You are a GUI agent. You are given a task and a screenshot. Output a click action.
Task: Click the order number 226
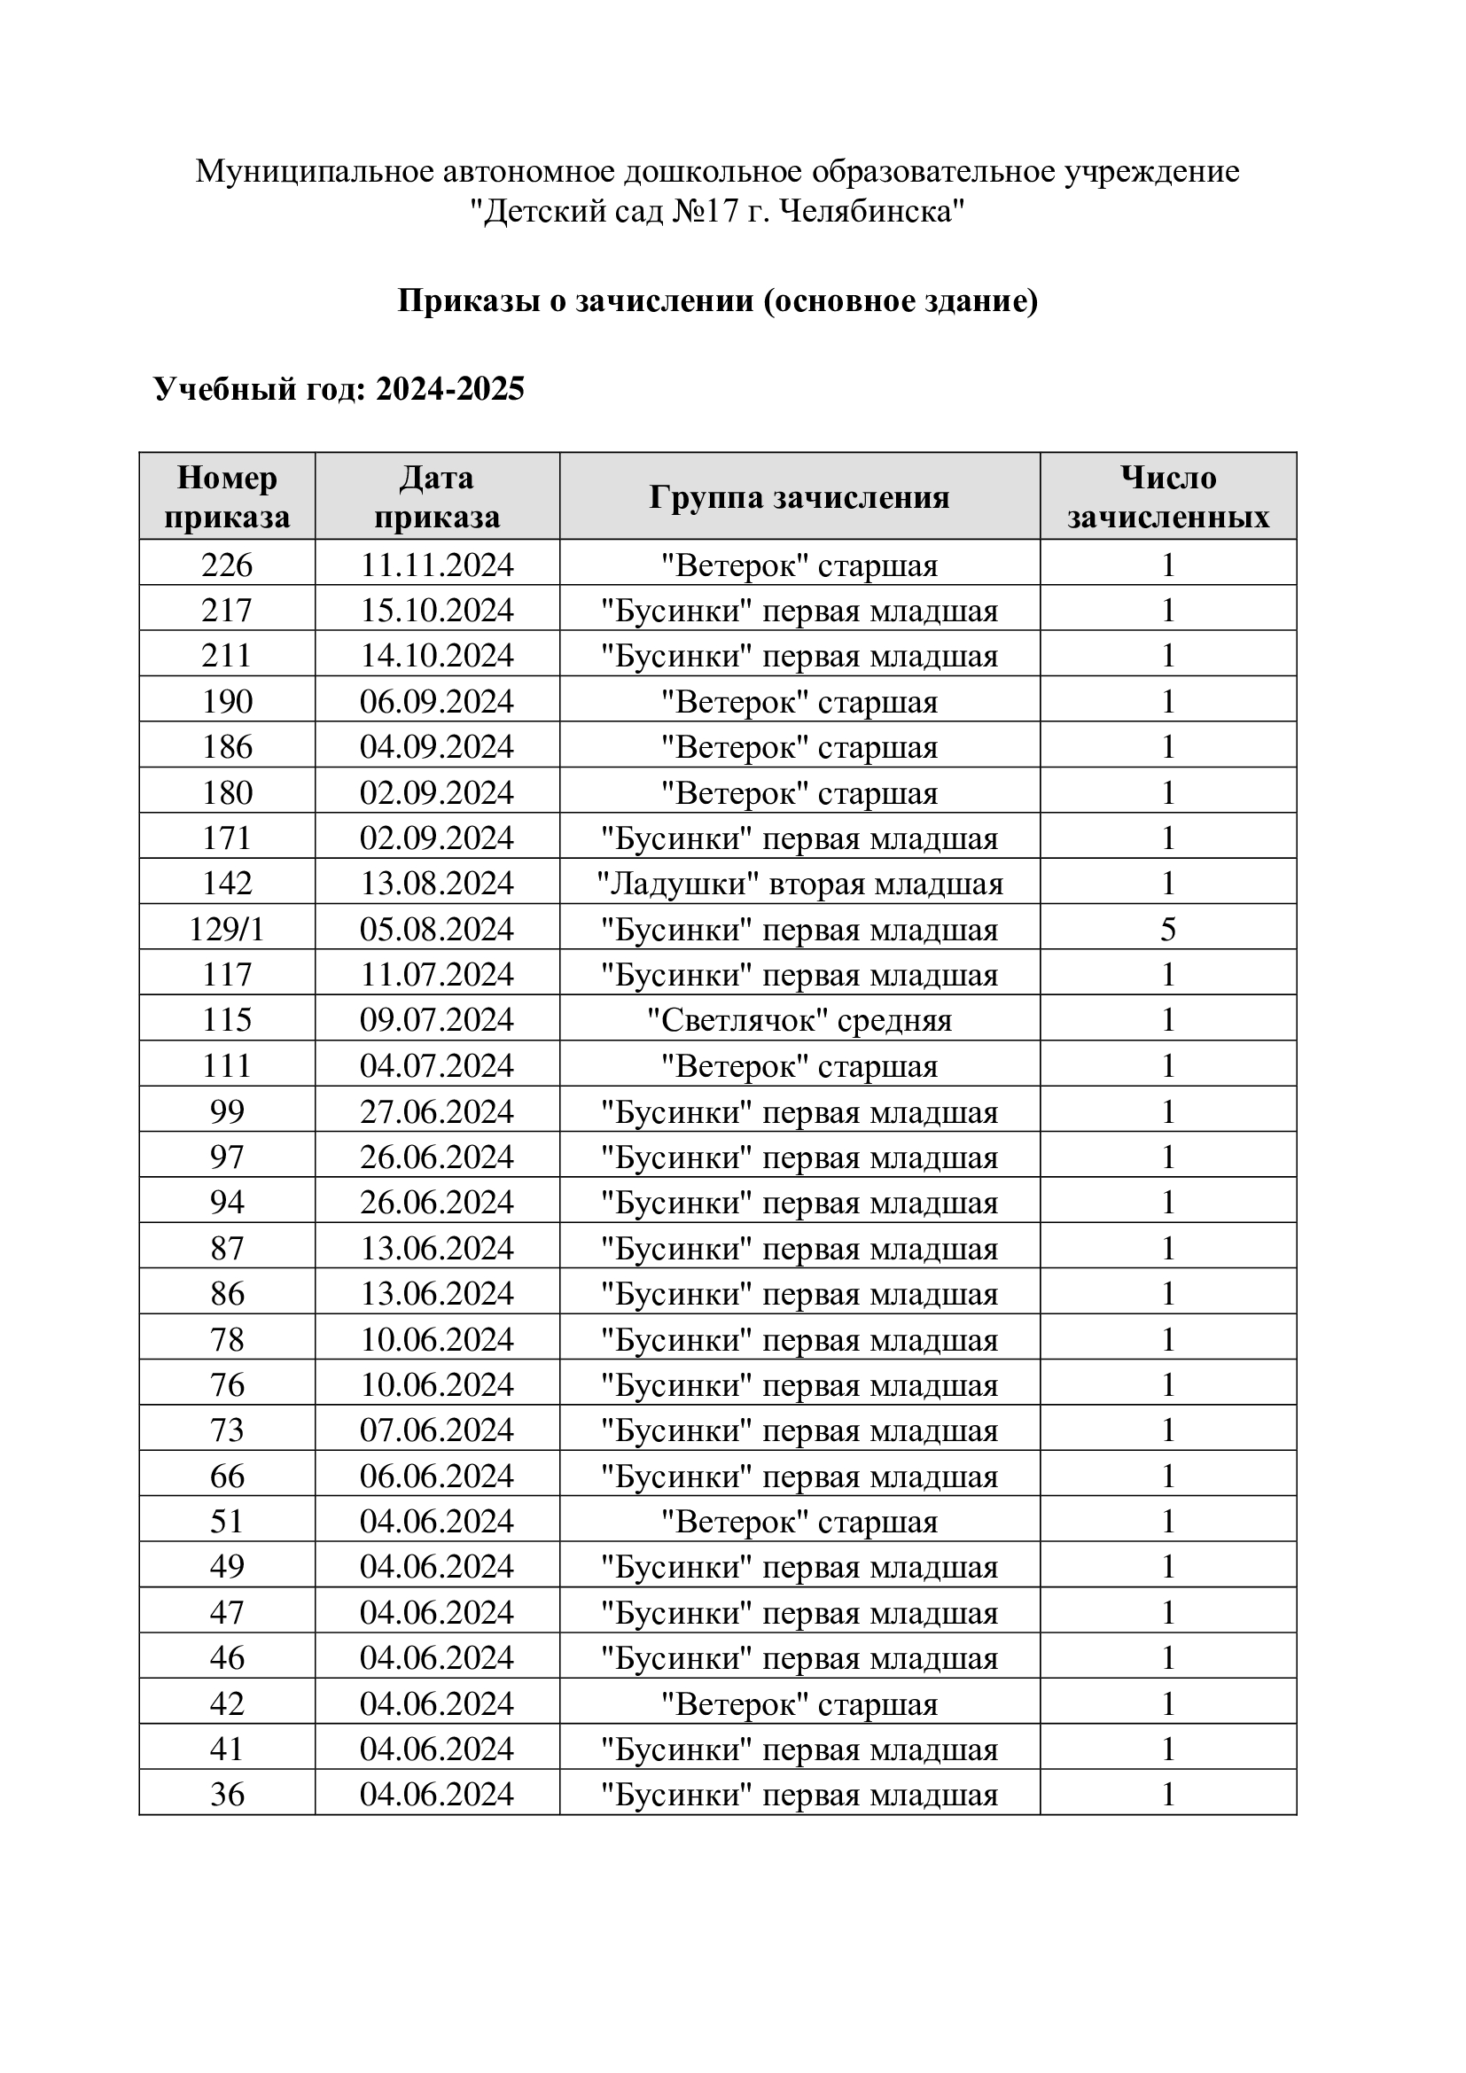227,565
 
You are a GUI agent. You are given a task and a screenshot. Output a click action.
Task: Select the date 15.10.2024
437,611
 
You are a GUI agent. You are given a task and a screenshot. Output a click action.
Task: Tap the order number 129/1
227,929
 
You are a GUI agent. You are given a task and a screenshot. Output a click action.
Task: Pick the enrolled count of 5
1167,929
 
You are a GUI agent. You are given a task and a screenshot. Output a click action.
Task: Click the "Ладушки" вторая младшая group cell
799,883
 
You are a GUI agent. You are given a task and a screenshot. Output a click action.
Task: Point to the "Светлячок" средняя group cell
799,1020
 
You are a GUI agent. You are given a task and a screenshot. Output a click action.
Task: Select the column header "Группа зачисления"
799,496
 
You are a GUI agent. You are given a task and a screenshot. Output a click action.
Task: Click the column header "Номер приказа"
227,496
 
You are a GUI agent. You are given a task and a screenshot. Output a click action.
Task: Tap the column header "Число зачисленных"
1167,496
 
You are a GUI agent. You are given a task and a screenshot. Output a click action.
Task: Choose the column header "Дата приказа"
437,496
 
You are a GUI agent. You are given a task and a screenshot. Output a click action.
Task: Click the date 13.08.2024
437,883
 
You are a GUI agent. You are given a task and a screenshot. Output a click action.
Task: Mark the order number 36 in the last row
227,1794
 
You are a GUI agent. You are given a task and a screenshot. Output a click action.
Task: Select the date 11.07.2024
437,974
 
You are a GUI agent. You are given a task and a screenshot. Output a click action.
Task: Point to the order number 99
227,1111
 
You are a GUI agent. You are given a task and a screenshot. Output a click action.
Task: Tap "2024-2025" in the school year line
449,389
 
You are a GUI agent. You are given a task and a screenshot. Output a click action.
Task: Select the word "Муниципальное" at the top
315,171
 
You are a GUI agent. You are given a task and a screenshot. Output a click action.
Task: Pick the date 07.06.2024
437,1430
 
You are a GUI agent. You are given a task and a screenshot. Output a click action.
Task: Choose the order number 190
227,702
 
